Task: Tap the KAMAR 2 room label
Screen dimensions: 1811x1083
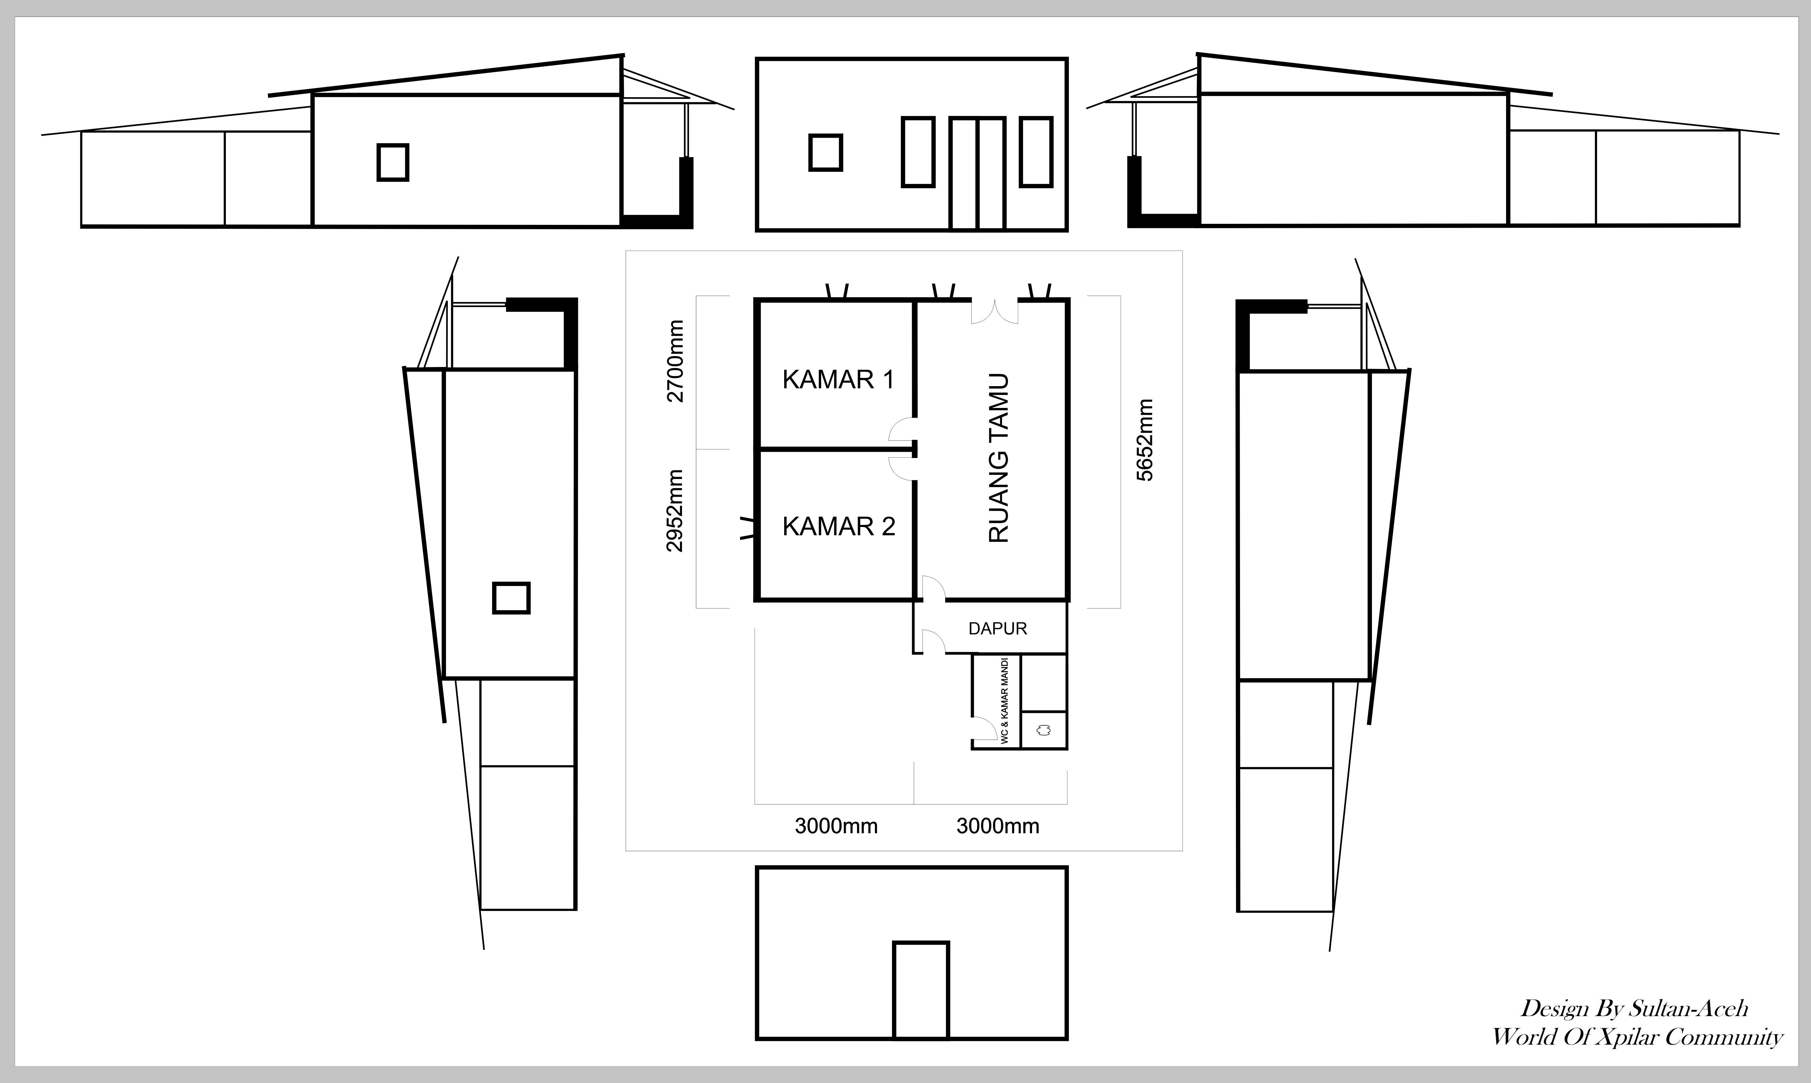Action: point(838,526)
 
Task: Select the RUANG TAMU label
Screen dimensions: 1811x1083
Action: point(998,458)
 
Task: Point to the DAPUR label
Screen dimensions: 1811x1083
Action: point(998,628)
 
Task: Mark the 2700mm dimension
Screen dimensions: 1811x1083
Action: point(676,361)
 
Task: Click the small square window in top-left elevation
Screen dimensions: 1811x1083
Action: point(393,162)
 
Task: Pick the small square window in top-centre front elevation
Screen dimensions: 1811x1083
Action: point(826,152)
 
